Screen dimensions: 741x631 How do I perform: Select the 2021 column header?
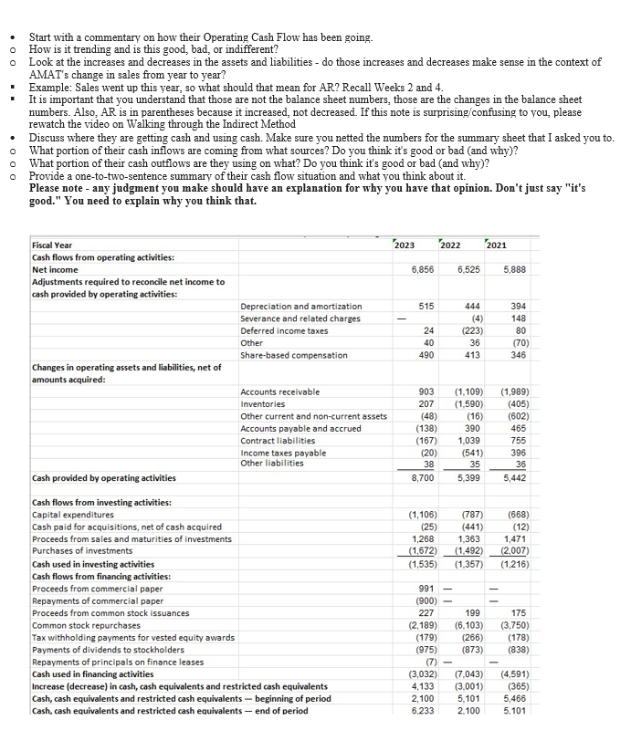[x=499, y=245]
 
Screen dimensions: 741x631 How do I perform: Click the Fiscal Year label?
[x=52, y=245]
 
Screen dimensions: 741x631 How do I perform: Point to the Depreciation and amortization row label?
[x=300, y=306]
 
